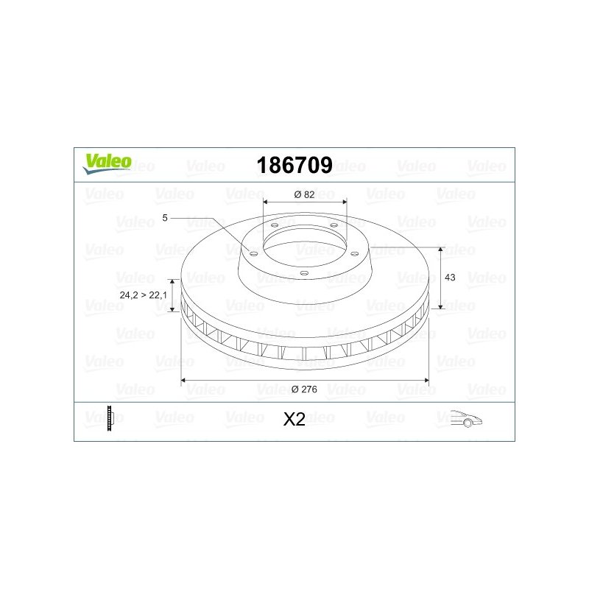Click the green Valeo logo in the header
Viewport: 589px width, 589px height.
point(107,164)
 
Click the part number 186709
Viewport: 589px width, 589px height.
point(294,165)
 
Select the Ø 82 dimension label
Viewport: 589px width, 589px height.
point(304,194)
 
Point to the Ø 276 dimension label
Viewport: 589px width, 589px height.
point(304,389)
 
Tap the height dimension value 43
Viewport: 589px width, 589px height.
point(450,278)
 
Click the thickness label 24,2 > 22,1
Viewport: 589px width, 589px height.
point(143,295)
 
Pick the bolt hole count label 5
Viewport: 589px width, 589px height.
point(164,218)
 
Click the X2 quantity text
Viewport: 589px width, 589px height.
point(294,420)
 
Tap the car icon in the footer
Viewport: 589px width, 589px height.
point(466,418)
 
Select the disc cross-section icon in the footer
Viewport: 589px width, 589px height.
point(110,418)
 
